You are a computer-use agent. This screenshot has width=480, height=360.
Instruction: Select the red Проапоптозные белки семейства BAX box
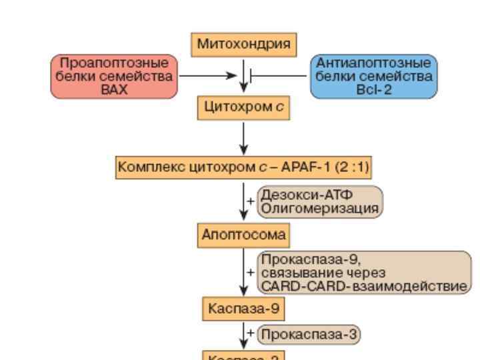[x=114, y=77]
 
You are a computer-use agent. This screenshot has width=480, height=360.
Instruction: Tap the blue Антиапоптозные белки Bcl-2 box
[x=373, y=77]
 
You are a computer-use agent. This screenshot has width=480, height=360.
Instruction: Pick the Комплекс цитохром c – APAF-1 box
[x=244, y=167]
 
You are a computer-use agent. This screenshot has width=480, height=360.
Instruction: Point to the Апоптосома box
[x=243, y=235]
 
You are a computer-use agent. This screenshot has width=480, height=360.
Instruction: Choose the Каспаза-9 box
[x=243, y=307]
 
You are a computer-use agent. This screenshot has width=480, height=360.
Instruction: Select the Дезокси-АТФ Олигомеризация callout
[x=319, y=201]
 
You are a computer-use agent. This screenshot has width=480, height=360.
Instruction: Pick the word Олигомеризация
[x=319, y=208]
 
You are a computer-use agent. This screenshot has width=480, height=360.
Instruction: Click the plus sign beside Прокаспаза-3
[x=251, y=333]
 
